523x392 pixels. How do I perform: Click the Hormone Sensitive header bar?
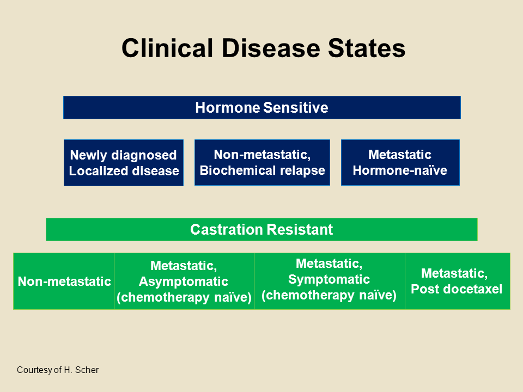click(x=261, y=107)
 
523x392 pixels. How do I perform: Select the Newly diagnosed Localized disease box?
click(x=124, y=163)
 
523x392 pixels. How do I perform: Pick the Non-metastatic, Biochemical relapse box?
click(x=262, y=162)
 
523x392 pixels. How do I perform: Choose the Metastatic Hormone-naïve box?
click(x=400, y=162)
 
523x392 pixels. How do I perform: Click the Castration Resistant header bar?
click(x=261, y=229)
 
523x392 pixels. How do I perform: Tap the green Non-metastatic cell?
click(x=64, y=281)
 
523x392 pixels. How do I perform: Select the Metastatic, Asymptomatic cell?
click(x=184, y=281)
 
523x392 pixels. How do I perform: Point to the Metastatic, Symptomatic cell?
click(x=329, y=280)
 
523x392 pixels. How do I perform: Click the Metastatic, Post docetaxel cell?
click(x=457, y=281)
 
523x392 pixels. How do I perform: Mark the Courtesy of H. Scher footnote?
click(x=58, y=370)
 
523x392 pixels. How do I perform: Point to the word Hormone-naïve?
click(x=400, y=170)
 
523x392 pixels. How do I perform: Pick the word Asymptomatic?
click(x=184, y=281)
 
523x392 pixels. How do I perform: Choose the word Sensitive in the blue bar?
click(x=296, y=107)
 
